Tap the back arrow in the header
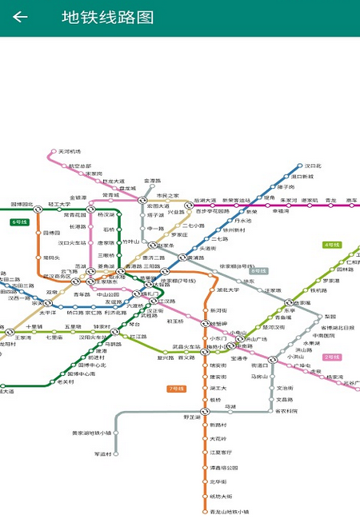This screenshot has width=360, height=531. [x=20, y=18]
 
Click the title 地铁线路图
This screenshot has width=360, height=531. [x=107, y=18]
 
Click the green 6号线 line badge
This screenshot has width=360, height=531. [x=20, y=222]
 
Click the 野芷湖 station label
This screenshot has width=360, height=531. [x=193, y=417]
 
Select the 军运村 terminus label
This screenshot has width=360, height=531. [x=103, y=454]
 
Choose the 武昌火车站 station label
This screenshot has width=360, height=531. [x=186, y=346]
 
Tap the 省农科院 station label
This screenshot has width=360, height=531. [x=286, y=411]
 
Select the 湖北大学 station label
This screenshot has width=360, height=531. [x=227, y=290]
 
